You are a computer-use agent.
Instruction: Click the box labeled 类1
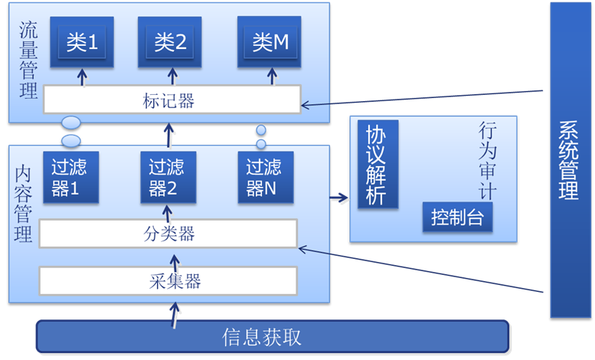83,42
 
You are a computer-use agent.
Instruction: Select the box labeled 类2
170,42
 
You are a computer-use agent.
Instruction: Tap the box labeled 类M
270,42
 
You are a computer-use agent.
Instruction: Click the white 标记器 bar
171,100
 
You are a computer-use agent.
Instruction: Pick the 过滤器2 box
168,177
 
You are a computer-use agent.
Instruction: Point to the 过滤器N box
265,177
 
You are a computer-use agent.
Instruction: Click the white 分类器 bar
168,234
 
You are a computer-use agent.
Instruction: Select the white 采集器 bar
168,281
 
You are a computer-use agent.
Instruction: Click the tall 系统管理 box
567,160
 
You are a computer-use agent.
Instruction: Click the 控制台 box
457,218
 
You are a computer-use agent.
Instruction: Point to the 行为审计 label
488,160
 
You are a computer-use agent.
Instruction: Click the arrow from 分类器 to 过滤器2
166,211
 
